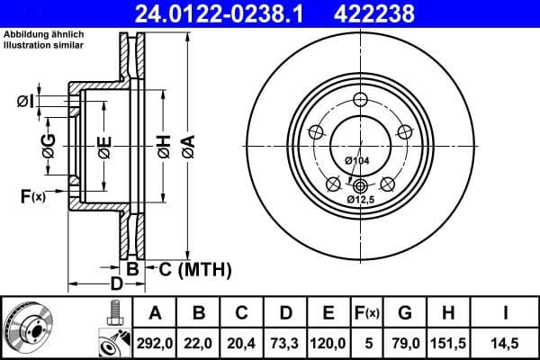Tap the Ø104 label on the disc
pos(357,160)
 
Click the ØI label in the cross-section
pos(26,101)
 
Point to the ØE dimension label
pos(105,145)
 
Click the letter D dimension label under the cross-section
pos(116,285)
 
